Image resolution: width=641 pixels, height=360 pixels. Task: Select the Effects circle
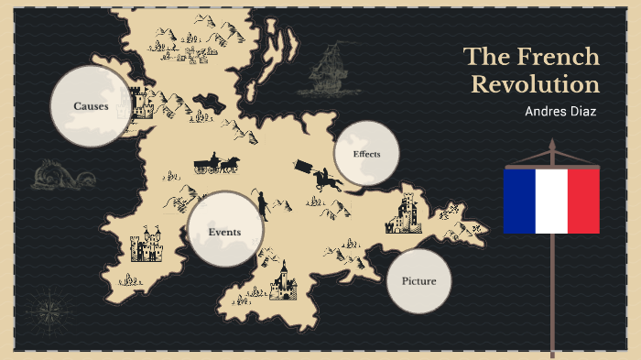[x=366, y=154]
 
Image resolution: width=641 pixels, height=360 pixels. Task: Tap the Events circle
[x=224, y=231]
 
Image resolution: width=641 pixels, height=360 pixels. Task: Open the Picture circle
[x=418, y=280]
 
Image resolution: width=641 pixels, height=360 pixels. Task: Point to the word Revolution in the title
[x=535, y=85]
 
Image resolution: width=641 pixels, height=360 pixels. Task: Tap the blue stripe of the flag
[x=519, y=201]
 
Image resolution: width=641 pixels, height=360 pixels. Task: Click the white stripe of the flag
[x=551, y=201]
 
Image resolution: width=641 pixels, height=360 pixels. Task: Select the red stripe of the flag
[x=583, y=201]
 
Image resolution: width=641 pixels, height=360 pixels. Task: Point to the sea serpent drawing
[x=57, y=174]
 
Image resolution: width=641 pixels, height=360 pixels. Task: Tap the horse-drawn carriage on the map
[x=216, y=164]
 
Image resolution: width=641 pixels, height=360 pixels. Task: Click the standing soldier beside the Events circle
[x=261, y=205]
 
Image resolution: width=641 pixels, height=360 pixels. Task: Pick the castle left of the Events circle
[x=145, y=245]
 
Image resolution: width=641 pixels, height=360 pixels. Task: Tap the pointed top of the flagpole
[x=552, y=144]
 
